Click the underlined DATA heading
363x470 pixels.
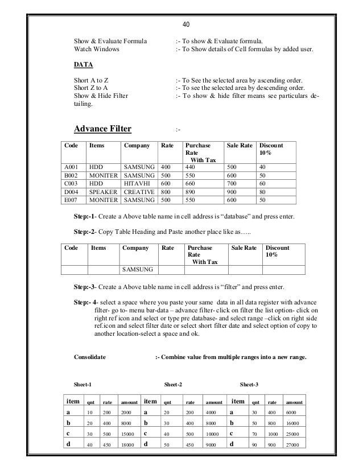tap(84, 65)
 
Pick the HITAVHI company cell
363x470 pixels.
tap(137, 184)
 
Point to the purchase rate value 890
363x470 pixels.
tap(191, 193)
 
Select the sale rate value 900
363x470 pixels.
tap(233, 193)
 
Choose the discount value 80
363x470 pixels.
tap(263, 193)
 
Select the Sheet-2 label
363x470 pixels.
tap(173, 385)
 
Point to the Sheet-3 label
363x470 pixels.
tap(249, 385)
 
